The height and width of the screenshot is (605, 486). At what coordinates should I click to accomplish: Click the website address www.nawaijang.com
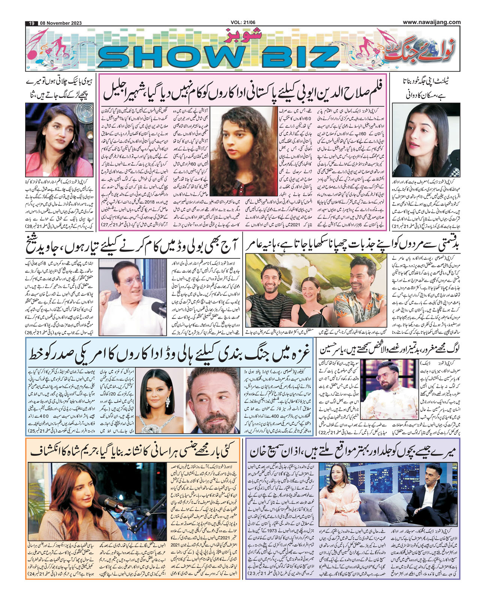click(x=432, y=22)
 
